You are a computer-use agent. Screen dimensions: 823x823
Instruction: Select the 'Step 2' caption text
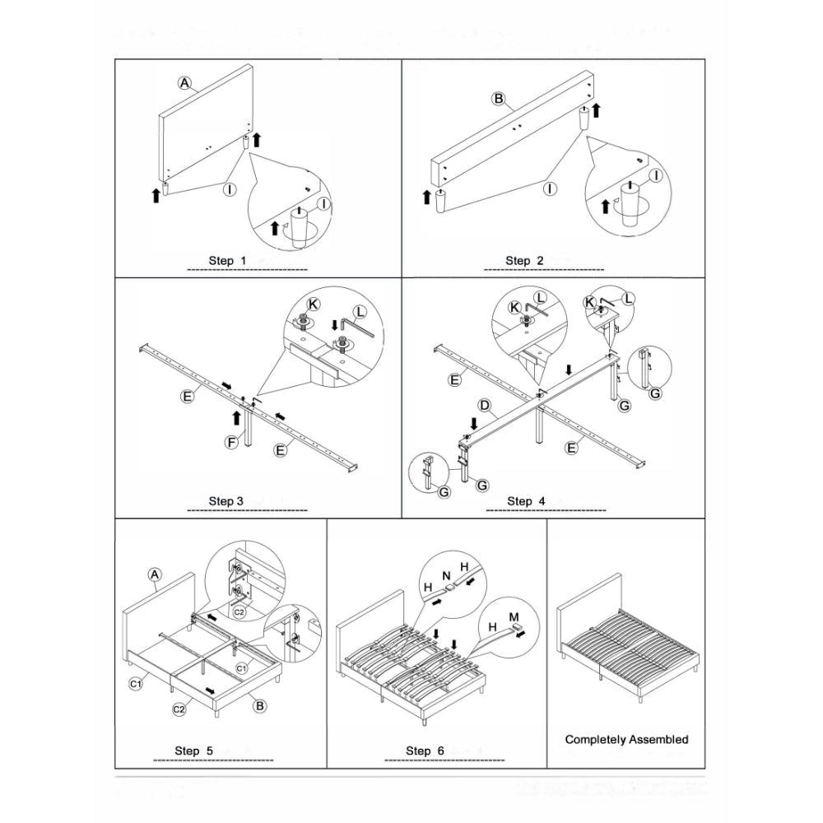click(524, 260)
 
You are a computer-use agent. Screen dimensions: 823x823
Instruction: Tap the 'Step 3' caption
click(226, 500)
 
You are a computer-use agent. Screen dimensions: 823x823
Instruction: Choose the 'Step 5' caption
click(194, 750)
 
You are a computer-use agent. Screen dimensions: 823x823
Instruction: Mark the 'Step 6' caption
click(425, 750)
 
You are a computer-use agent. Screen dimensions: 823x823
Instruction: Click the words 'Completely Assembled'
click(626, 739)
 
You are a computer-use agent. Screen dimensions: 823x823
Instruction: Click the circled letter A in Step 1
click(185, 82)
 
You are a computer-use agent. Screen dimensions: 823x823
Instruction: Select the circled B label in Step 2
click(498, 99)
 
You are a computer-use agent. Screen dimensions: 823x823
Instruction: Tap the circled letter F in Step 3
click(234, 444)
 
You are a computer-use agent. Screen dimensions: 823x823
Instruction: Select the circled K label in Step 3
click(314, 303)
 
